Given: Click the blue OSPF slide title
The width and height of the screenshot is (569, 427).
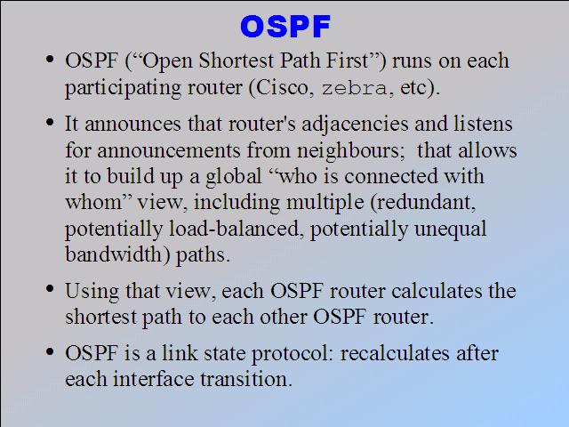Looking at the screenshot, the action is pos(285,27).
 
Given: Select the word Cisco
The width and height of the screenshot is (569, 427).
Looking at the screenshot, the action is pos(282,87).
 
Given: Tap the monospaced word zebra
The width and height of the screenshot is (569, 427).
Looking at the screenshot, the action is pos(354,88).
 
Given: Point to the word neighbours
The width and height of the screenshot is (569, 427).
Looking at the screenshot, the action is pos(349,150).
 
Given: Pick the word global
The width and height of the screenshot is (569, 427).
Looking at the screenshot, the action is pos(233,176).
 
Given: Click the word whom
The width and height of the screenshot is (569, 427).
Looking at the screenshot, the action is pos(93,202).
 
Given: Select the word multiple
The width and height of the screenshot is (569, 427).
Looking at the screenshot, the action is pos(325,203).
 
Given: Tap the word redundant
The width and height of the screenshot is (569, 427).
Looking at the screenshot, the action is pos(424,203).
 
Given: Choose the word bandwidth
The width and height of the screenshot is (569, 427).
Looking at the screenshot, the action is pos(113,254).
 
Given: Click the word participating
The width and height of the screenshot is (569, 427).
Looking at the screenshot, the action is pos(123,88).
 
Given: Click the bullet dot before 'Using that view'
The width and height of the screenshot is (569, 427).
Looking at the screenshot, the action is pos(50,289).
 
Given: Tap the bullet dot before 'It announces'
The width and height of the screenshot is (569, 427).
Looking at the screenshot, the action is pos(50,122).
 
